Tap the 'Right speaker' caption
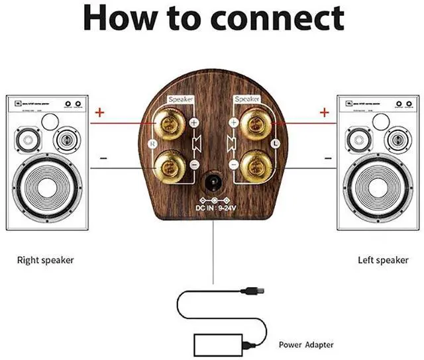[x=45, y=260]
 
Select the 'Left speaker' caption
[x=383, y=260]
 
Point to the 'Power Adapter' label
[x=306, y=344]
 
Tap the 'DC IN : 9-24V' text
[x=212, y=206]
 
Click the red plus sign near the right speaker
[x=99, y=112]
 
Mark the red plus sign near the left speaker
[x=325, y=112]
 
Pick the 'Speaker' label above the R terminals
[x=181, y=99]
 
